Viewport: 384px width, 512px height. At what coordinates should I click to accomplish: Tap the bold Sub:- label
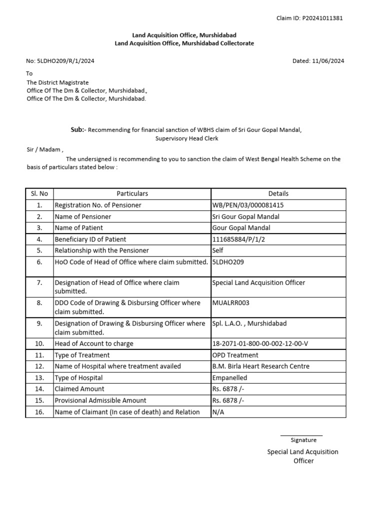pyautogui.click(x=78, y=130)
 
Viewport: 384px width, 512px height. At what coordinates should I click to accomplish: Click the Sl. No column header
pyautogui.click(x=39, y=193)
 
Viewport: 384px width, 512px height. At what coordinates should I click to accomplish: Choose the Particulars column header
pyautogui.click(x=132, y=193)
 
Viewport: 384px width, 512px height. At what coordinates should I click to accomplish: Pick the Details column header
pyautogui.click(x=278, y=193)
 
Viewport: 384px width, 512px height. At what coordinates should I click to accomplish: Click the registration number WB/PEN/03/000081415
pyautogui.click(x=251, y=205)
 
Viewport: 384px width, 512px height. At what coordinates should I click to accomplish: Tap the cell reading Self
pyautogui.click(x=218, y=250)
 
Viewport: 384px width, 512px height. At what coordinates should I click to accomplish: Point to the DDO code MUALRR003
pyautogui.click(x=231, y=303)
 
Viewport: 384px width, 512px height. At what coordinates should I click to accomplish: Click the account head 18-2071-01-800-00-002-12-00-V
pyautogui.click(x=260, y=343)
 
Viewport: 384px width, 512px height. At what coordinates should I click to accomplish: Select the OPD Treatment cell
pyautogui.click(x=235, y=355)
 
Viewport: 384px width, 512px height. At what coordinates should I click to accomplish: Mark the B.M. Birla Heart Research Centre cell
pyautogui.click(x=261, y=366)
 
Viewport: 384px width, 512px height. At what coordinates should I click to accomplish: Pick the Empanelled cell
pyautogui.click(x=230, y=377)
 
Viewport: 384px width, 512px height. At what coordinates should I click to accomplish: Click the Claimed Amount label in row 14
pyautogui.click(x=79, y=389)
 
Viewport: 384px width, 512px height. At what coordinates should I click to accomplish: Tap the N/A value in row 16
pyautogui.click(x=218, y=412)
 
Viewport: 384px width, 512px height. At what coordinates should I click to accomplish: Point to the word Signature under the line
pyautogui.click(x=303, y=440)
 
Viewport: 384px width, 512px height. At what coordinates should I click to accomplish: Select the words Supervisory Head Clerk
pyautogui.click(x=186, y=138)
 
